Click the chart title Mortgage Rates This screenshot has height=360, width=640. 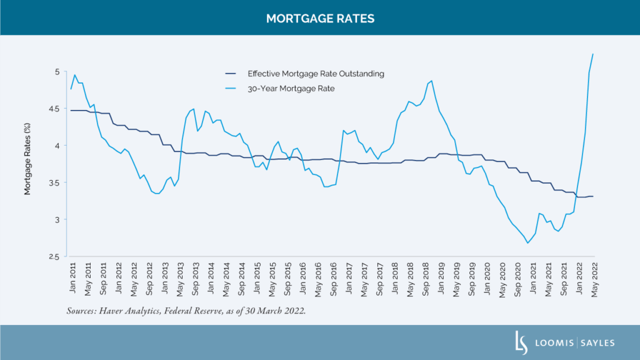[320, 18]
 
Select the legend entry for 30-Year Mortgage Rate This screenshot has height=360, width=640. [291, 89]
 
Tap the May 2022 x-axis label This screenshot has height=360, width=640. [592, 279]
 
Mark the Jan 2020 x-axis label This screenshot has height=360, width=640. [486, 279]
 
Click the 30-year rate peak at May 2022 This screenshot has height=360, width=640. [592, 54]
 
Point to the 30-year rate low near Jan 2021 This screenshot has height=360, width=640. [528, 243]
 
